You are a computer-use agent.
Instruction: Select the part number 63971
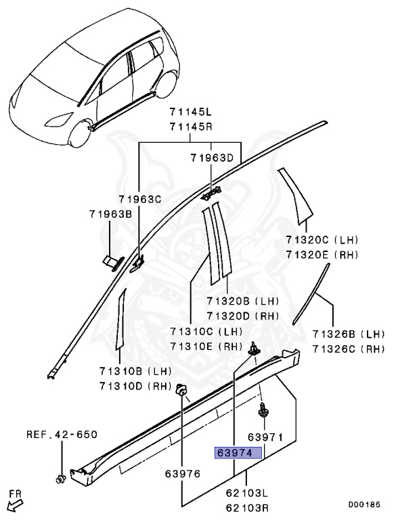(x=265, y=437)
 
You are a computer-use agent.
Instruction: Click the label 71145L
(x=190, y=112)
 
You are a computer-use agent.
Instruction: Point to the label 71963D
(x=211, y=158)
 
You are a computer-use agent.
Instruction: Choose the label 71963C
(x=139, y=199)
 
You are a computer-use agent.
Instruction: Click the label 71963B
(x=110, y=214)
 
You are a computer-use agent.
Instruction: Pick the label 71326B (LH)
(x=347, y=334)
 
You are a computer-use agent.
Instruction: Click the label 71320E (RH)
(x=322, y=254)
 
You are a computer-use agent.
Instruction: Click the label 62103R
(x=246, y=506)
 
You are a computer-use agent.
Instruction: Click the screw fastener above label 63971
(x=261, y=410)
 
